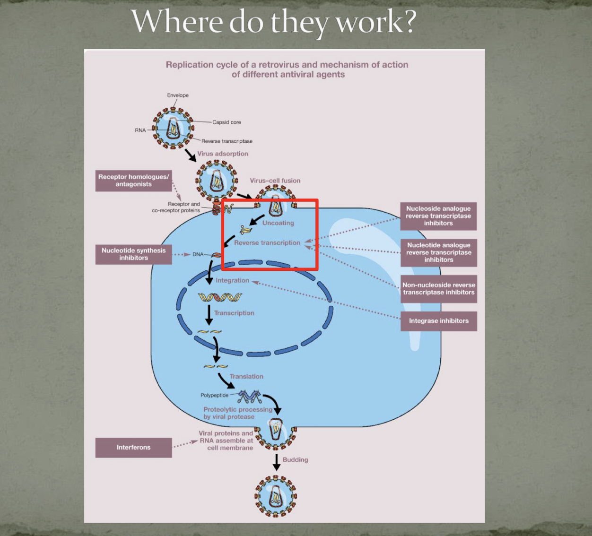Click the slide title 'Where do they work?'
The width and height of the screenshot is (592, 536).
pos(274,22)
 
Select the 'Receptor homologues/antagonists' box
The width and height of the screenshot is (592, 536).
pos(133,181)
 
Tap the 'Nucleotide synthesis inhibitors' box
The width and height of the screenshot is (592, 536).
pos(133,254)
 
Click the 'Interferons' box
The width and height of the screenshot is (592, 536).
pos(133,448)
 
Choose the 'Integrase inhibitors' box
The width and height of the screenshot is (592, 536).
pos(438,321)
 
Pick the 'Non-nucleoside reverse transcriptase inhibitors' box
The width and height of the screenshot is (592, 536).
pos(438,289)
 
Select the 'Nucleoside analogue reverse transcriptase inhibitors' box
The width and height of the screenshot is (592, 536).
pos(438,216)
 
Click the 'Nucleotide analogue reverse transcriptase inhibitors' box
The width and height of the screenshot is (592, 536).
pos(438,252)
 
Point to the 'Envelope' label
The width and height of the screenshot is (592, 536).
pos(178,95)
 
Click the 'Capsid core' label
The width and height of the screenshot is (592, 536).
pos(226,122)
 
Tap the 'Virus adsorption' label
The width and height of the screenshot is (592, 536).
pos(223,154)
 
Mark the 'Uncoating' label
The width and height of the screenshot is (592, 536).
pos(278,223)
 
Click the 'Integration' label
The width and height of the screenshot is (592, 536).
pos(232,281)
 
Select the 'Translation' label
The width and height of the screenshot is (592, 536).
pos(246,377)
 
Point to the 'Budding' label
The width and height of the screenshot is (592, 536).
pos(295,460)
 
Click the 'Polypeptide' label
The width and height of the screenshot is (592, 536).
pos(214,396)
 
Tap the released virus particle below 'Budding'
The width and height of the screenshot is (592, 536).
pos(276,496)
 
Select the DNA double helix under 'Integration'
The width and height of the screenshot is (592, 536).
pos(220,297)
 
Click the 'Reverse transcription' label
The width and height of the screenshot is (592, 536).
pos(267,243)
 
